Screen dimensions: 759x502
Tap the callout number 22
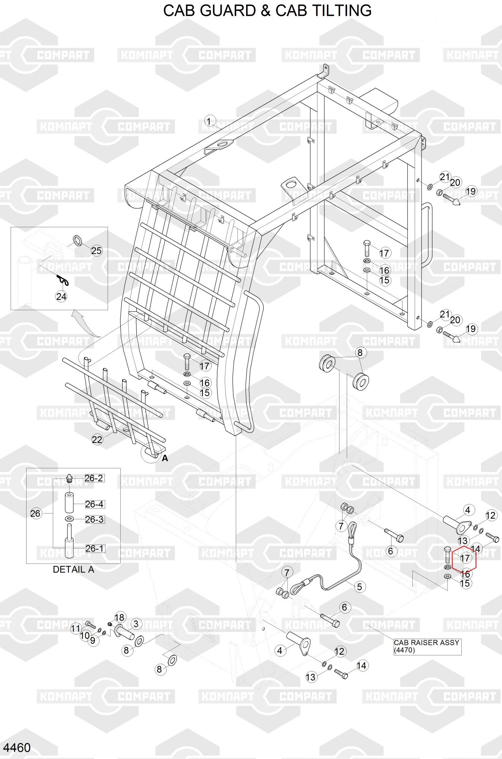97,439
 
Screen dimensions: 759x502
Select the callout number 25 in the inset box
96,250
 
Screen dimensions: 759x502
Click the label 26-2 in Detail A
94,478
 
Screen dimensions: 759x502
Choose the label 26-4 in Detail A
94,504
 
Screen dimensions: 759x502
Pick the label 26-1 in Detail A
94,548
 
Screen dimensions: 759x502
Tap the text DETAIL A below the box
73,569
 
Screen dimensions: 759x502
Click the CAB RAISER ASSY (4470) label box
427,646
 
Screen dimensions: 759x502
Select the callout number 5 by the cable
359,586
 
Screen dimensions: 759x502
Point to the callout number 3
136,624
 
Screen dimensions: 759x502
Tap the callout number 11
76,628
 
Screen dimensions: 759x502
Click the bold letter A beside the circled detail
165,458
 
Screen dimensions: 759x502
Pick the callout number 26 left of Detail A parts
35,513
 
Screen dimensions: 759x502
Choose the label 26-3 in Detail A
94,519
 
